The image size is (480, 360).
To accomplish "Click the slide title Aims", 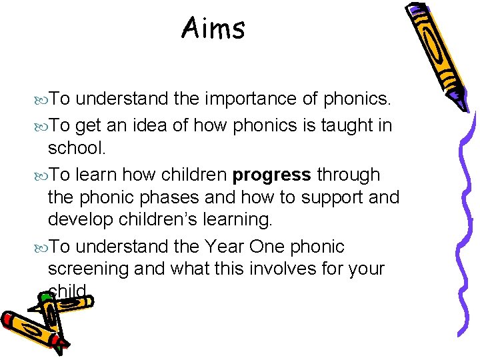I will (x=213, y=29).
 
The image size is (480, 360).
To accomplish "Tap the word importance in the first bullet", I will (x=246, y=99).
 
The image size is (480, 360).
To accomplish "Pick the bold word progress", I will (x=272, y=175).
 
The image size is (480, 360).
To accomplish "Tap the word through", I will (x=349, y=175).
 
